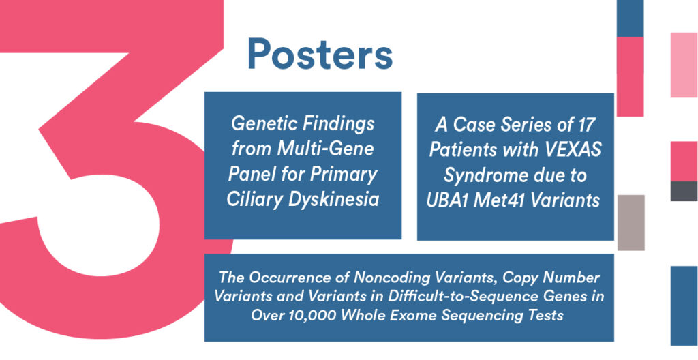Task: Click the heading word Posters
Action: point(320,54)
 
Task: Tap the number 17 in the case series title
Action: point(584,125)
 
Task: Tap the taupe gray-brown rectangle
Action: point(631,222)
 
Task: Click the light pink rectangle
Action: point(684,65)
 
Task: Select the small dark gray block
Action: point(684,191)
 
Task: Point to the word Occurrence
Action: point(299,277)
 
